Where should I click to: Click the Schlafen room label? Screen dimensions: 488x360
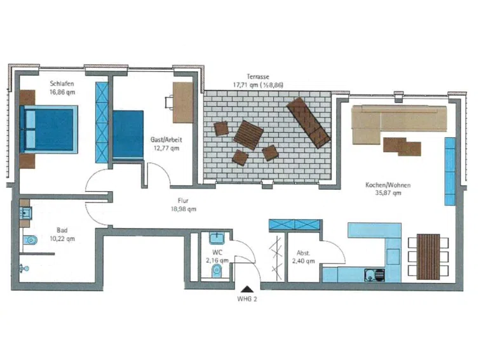(62, 83)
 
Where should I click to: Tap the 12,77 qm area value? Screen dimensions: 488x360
(166, 148)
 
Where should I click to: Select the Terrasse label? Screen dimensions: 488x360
(258, 76)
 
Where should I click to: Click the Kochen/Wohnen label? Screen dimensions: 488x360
(388, 185)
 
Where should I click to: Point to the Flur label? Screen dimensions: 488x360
(183, 201)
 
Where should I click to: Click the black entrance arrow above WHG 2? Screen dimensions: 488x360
(247, 289)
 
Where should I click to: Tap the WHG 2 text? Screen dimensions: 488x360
(247, 299)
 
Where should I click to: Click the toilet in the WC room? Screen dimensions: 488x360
(217, 271)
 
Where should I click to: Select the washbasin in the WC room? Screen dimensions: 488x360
(217, 239)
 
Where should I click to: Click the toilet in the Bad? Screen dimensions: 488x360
(30, 240)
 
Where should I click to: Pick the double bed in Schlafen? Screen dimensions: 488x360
(49, 130)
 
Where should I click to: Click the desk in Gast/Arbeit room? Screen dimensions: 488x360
(183, 102)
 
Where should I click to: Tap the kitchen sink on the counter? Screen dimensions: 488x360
(374, 275)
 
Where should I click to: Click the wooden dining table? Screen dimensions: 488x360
(428, 257)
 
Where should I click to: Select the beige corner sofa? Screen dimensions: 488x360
(399, 124)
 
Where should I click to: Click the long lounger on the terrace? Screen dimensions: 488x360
(308, 123)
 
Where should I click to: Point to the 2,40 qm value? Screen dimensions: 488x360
(304, 261)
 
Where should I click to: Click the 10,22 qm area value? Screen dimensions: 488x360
(62, 239)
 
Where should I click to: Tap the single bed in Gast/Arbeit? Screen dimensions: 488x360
(128, 135)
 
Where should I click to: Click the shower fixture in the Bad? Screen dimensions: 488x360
(24, 268)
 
